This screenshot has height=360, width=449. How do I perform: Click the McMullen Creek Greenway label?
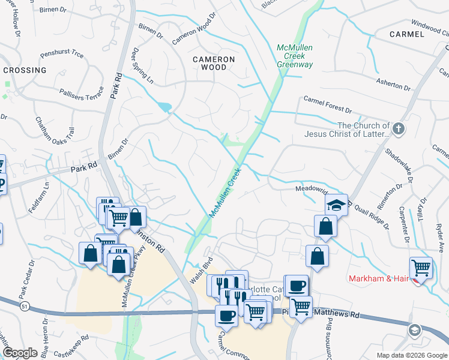pyautogui.click(x=295, y=56)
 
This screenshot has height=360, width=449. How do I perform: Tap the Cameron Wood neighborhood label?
pyautogui.click(x=214, y=63)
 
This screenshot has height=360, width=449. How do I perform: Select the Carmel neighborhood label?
pyautogui.click(x=406, y=34)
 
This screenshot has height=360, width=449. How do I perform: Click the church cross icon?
pyautogui.click(x=398, y=128)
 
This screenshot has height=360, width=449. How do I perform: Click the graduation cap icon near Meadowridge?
pyautogui.click(x=337, y=205)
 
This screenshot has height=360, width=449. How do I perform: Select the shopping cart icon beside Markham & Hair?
pyautogui.click(x=421, y=268)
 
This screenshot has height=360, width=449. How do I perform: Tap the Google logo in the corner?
pyautogui.click(x=20, y=353)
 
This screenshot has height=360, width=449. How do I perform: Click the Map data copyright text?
pyautogui.click(x=412, y=355)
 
